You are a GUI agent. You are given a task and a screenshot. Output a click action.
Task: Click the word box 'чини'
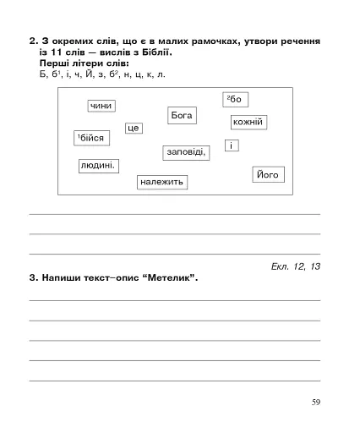(101, 106)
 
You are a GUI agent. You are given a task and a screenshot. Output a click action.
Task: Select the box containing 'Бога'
(182, 115)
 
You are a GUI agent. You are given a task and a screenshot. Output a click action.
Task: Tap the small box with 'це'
(134, 129)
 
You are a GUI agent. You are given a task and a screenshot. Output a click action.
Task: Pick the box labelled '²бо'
(234, 100)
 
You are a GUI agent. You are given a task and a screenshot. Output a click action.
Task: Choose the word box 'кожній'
(248, 123)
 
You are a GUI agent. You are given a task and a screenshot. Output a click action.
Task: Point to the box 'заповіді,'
(186, 152)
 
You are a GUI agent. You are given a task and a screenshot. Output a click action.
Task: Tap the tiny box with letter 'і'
(230, 146)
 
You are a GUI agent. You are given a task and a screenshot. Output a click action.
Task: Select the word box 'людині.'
(98, 166)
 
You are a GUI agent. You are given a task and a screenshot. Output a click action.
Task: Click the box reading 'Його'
(267, 175)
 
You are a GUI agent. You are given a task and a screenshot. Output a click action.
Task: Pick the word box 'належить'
(161, 182)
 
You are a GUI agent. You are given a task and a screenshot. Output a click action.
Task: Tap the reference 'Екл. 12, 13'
(292, 266)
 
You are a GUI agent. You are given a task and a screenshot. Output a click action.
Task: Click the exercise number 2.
(32, 41)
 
